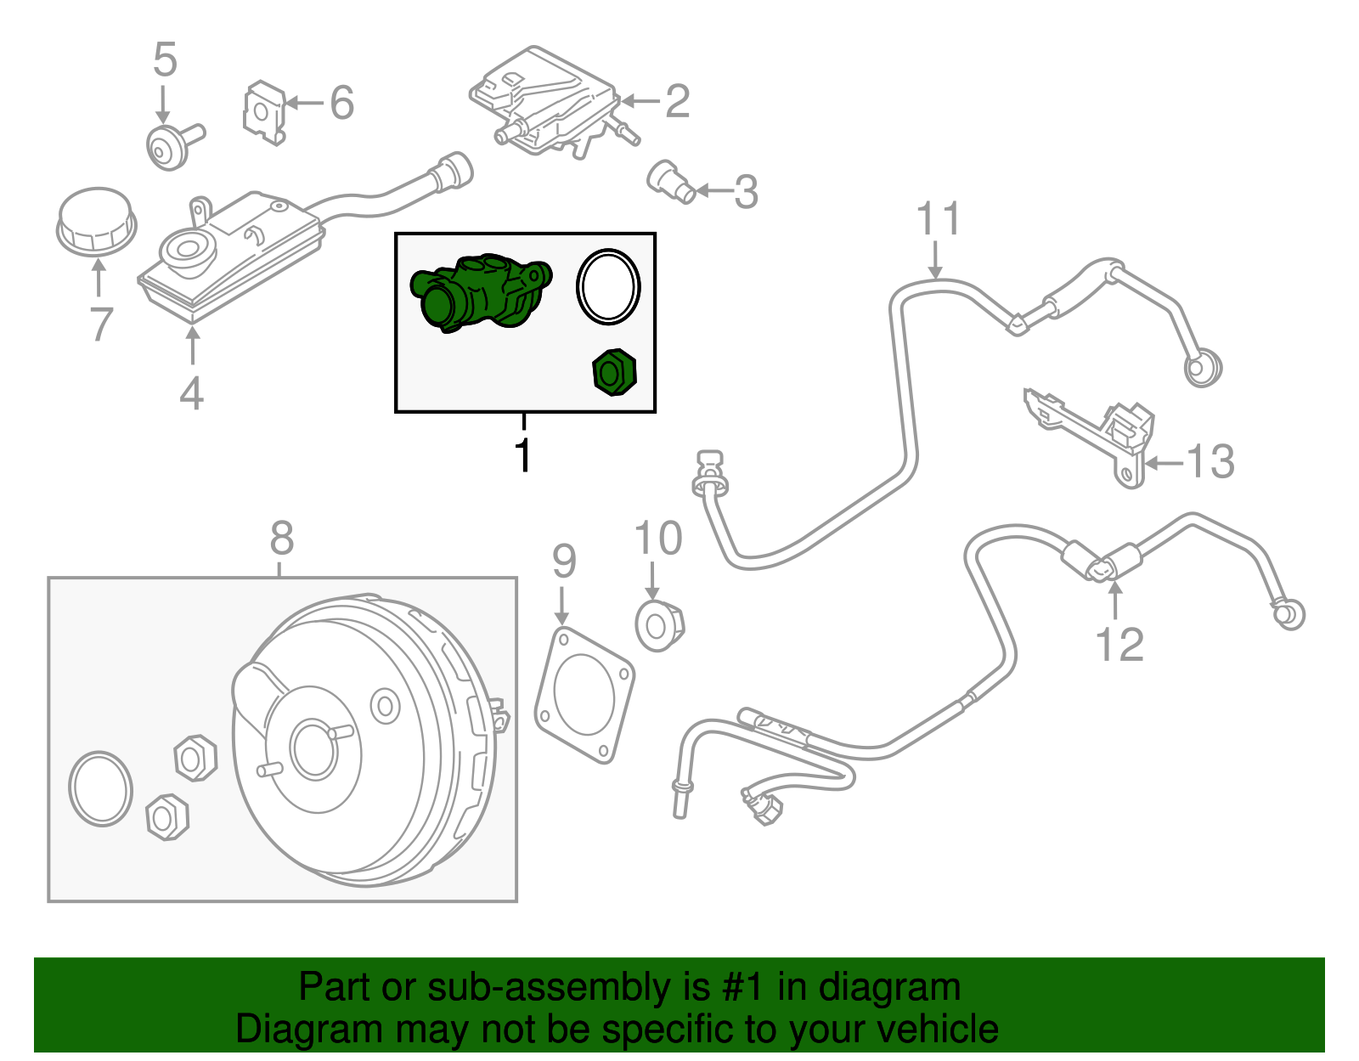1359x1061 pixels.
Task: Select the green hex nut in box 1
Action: tap(613, 372)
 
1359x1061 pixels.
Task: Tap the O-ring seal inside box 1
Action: tap(608, 287)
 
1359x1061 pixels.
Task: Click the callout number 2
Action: tap(677, 101)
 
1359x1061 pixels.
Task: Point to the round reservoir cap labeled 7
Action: tap(96, 220)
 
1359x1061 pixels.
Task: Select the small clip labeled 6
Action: tap(263, 111)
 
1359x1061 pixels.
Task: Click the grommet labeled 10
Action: tap(659, 625)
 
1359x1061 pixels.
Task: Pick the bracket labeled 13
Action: tap(1096, 434)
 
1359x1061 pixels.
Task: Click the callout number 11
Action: tap(938, 218)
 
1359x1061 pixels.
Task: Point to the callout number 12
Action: tap(1119, 644)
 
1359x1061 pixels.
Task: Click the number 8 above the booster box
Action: tap(281, 538)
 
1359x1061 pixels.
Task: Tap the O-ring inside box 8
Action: tap(100, 788)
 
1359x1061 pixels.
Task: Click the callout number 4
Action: tap(192, 392)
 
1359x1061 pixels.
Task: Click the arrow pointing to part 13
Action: tap(1164, 463)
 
